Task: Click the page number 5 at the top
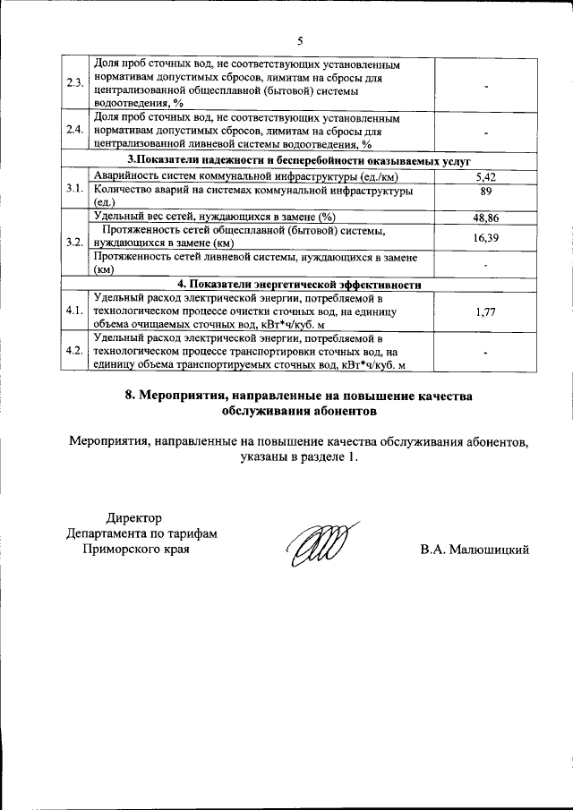[x=301, y=40]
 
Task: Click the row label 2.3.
[x=74, y=84]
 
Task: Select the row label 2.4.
[x=74, y=131]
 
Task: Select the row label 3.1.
[x=74, y=189]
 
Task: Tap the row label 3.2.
[x=74, y=242]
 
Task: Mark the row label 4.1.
[x=74, y=311]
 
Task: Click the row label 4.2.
[x=74, y=351]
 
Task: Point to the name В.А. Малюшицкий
[x=475, y=549]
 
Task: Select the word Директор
[x=135, y=516]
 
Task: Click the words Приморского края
[x=135, y=549]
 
